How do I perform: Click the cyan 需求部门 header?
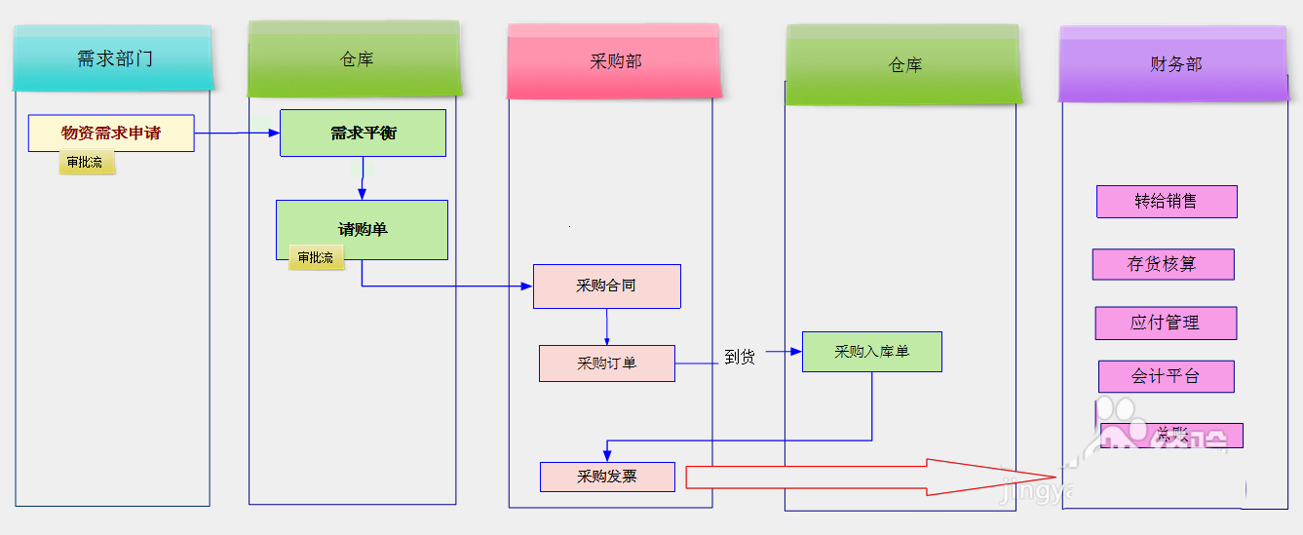[113, 58]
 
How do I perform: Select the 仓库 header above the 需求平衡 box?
[355, 59]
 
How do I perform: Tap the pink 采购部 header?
[615, 61]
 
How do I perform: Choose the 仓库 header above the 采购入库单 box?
[903, 65]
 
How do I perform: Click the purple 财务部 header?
[1174, 64]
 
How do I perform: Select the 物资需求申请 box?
[111, 134]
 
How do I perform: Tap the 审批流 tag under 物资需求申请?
[86, 163]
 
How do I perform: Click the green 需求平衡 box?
[363, 134]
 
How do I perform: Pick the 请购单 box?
[362, 229]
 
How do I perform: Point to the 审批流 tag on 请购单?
[316, 258]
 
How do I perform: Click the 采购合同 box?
[606, 287]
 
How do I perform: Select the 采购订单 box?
[606, 363]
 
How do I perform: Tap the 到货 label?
[740, 358]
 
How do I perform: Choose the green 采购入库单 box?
[871, 352]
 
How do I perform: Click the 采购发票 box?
[607, 477]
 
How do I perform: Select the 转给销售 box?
[1166, 202]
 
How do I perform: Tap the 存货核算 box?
[1163, 264]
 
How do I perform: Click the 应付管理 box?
[1166, 323]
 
